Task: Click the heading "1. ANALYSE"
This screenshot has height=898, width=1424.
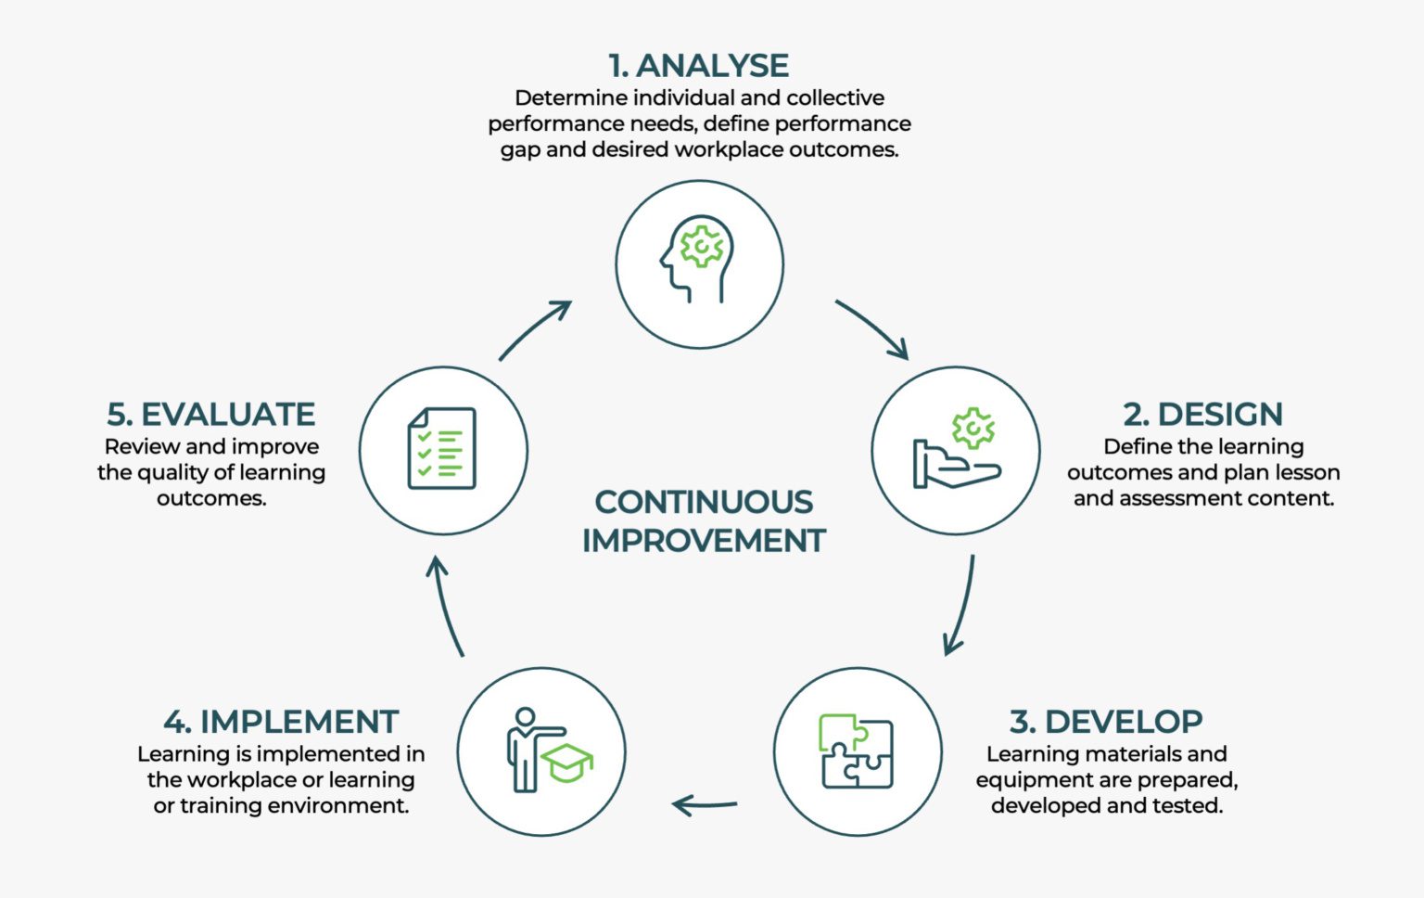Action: coord(698,66)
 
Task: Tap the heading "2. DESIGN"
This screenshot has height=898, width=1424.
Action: coord(1202,414)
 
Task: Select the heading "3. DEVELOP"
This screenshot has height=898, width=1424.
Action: coord(1106,722)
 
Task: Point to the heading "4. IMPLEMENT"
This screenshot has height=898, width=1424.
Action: coord(281,722)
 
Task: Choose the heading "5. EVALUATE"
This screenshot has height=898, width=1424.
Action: coord(211,414)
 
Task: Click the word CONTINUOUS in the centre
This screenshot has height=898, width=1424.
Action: coord(704,502)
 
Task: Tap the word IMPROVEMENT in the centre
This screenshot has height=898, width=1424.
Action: coord(704,541)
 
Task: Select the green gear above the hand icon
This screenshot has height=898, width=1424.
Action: coord(973,428)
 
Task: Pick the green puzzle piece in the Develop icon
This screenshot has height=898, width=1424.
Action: coord(838,732)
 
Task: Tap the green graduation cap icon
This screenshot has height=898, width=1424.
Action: coord(566,763)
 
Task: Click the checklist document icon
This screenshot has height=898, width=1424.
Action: coord(442,449)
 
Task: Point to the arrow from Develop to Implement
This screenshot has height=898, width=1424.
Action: coord(705,804)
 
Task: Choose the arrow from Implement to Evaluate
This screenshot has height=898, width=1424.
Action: coord(447,605)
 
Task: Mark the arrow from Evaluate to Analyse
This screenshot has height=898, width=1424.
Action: coord(535,329)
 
